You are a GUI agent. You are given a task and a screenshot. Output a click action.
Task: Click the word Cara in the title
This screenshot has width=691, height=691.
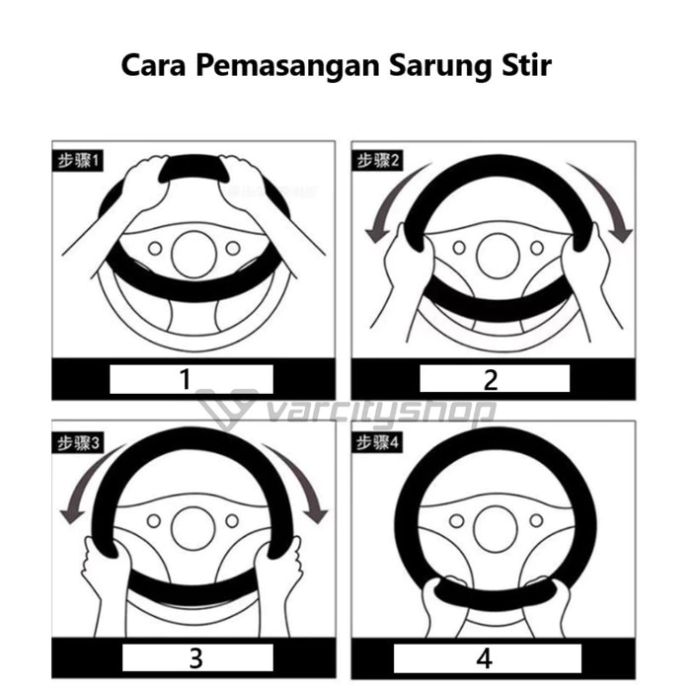(153, 65)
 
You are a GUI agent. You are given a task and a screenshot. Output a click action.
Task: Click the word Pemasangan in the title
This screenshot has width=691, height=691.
(288, 66)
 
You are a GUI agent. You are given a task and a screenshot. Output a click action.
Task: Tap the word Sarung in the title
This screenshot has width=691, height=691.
(439, 66)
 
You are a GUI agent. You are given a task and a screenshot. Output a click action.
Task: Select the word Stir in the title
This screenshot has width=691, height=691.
(526, 65)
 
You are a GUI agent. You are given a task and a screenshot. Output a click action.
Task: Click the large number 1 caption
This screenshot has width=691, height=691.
(186, 379)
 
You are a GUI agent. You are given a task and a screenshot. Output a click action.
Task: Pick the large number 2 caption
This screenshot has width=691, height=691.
(491, 380)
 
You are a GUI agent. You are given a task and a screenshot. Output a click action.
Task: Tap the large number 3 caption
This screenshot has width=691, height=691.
(195, 658)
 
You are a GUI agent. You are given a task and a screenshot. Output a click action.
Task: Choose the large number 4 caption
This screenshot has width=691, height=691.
(485, 658)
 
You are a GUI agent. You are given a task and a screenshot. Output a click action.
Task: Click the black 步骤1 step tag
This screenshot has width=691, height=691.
(78, 161)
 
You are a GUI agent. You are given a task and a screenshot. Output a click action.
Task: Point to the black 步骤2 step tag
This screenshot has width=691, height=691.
(377, 161)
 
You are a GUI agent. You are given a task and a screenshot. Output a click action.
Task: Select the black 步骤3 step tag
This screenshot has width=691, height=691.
(78, 443)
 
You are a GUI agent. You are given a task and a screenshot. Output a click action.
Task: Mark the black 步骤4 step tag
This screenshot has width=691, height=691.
(377, 442)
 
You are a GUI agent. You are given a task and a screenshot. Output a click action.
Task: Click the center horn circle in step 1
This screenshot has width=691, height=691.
(193, 255)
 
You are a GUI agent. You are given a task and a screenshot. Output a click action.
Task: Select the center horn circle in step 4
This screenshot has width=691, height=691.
(495, 529)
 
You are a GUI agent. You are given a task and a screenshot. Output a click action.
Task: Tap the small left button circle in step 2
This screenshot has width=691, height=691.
(459, 248)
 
